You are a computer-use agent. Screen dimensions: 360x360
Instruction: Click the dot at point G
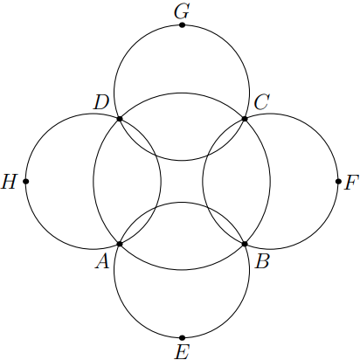click(182, 25)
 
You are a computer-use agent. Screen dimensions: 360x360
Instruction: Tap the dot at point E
click(182, 338)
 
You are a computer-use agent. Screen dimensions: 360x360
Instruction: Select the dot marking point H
click(26, 182)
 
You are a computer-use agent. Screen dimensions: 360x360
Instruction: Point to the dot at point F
click(338, 182)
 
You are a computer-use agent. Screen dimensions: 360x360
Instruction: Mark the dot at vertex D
click(120, 119)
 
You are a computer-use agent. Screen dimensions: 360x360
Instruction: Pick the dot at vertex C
click(245, 119)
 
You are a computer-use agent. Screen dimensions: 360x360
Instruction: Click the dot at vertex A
click(120, 244)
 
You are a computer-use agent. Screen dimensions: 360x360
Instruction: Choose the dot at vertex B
click(245, 244)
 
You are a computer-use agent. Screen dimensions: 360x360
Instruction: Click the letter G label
click(182, 11)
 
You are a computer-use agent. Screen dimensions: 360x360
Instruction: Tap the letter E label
click(182, 351)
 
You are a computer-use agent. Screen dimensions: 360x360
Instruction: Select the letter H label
click(9, 182)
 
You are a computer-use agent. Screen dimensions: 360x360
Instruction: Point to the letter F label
click(350, 183)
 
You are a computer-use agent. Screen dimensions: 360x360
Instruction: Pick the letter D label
click(100, 103)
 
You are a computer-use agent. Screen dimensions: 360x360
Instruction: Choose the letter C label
click(261, 102)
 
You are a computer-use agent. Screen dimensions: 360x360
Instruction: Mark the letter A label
click(102, 261)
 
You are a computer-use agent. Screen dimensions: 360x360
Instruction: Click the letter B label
click(262, 261)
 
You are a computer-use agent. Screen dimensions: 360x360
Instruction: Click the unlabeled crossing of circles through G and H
click(156, 155)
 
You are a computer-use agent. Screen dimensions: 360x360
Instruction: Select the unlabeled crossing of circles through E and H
click(156, 208)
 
